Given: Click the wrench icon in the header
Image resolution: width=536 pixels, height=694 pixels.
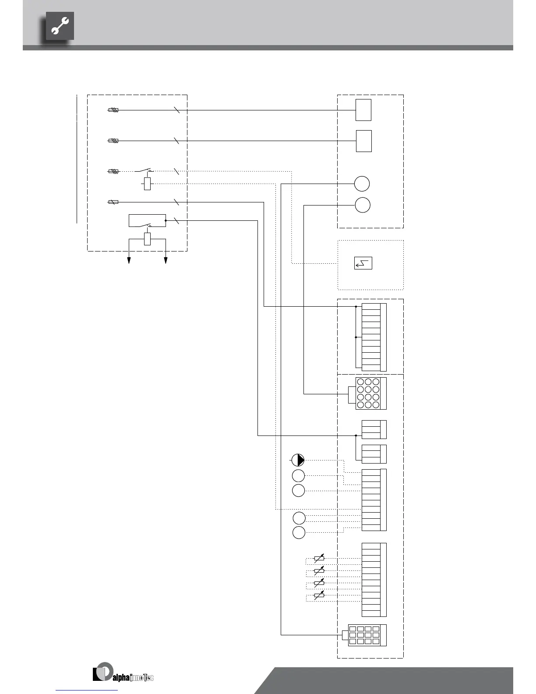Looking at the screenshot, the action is coord(60,26).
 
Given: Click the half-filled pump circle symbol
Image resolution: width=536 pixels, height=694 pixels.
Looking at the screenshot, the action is coord(298,460).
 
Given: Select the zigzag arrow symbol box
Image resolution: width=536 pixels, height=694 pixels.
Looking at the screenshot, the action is coord(363,263).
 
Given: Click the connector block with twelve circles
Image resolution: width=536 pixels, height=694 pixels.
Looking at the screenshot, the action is coord(368,393).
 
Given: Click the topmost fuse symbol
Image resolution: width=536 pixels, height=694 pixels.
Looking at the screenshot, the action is coord(113,110).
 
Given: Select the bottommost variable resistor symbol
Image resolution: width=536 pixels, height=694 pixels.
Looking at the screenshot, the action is coord(319,595).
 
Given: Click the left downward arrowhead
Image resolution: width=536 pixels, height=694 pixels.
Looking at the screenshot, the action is coord(129,261).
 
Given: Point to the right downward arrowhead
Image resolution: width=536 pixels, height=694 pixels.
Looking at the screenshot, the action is coord(166,261).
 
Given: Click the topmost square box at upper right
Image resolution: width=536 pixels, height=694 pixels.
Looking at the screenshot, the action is coord(363,110).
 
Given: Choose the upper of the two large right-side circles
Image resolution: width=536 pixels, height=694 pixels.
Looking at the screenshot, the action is coord(362,184).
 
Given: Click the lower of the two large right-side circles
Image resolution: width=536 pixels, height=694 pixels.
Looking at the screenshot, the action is coord(362,205).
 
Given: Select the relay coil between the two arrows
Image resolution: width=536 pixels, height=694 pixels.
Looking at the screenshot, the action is coord(148,239).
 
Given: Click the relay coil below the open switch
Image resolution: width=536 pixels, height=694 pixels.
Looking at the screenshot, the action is coord(148,184).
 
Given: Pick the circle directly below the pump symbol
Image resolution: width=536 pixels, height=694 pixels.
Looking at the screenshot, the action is coord(298,475).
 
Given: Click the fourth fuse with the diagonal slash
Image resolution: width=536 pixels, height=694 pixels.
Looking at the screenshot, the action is coord(113,202).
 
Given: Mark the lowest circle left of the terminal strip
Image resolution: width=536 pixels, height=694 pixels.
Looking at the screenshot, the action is coord(299,533).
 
